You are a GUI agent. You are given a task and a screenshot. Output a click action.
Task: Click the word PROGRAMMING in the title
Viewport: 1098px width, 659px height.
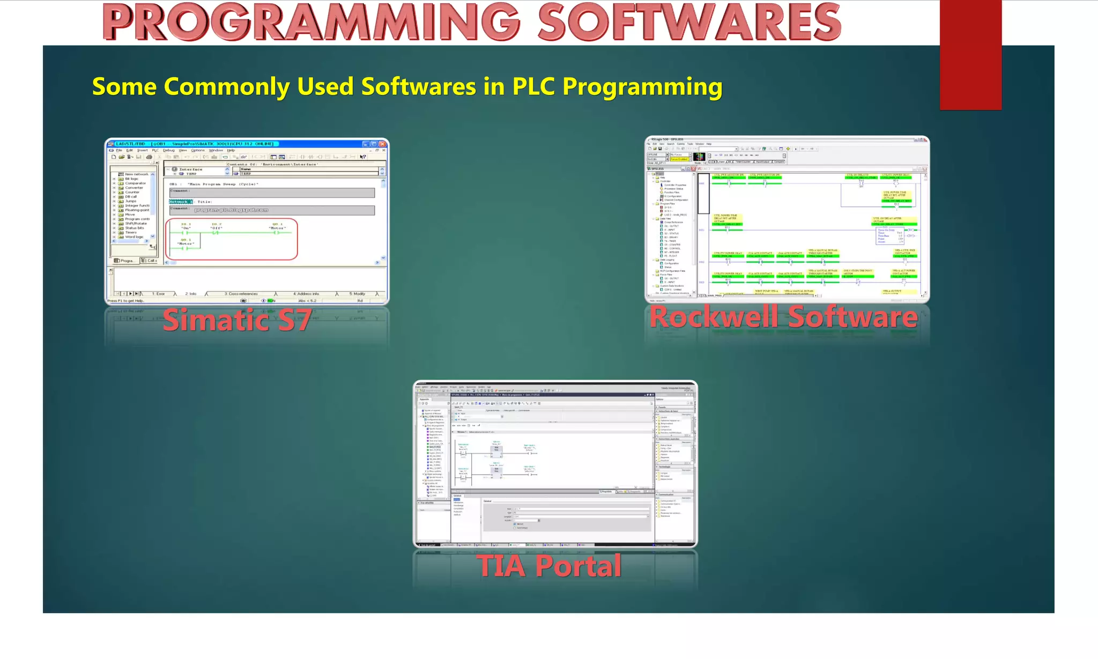pos(311,23)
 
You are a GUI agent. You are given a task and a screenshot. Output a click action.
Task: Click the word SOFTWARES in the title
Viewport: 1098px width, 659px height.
pos(689,23)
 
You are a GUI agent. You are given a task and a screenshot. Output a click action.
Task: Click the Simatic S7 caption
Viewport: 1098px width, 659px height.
pos(237,320)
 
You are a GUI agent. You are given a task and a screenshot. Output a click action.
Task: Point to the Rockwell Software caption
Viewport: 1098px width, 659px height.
pos(783,317)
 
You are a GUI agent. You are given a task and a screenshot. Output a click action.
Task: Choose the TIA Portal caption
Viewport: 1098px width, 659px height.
pos(549,566)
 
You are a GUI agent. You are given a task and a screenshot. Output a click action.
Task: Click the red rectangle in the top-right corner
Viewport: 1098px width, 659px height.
pos(970,54)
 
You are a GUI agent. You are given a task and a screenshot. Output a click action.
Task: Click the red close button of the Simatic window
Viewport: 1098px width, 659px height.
pos(382,144)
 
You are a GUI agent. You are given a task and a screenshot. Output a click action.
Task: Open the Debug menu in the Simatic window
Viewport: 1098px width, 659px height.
pos(169,150)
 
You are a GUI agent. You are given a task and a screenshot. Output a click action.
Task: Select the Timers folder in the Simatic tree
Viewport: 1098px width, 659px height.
pos(131,232)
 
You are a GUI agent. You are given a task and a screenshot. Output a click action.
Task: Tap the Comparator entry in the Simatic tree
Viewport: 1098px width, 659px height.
pos(135,183)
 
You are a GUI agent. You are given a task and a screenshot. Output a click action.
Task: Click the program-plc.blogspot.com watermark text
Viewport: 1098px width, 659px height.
pos(231,210)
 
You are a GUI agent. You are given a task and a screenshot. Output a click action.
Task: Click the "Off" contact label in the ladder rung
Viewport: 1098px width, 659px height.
pos(216,228)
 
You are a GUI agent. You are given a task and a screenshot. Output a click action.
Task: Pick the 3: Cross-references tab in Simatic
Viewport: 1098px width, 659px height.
pos(241,294)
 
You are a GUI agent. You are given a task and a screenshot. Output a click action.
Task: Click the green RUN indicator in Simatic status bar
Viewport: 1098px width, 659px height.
pos(271,301)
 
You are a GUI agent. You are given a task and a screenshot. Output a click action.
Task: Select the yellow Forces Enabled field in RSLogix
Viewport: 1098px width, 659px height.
pos(679,159)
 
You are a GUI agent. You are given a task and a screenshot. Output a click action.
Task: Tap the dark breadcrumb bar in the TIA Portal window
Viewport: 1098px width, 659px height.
pos(552,395)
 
